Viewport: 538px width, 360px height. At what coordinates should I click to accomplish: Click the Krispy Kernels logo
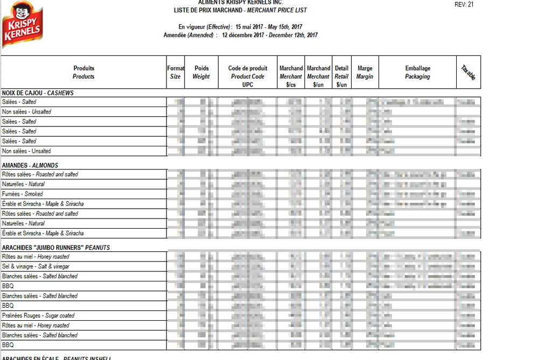coord(22,24)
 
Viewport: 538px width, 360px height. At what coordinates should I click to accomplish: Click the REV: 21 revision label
coord(464,5)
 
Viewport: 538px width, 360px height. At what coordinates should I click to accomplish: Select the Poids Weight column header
coord(201,72)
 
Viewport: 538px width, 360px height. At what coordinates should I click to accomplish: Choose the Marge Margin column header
coord(365,72)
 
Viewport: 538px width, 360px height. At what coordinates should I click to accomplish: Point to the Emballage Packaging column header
coord(417,72)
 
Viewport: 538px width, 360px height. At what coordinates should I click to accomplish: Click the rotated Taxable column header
coord(468,73)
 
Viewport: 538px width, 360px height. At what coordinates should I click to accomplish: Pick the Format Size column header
coord(176,72)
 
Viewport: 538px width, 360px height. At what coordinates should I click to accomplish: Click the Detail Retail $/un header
coord(341,76)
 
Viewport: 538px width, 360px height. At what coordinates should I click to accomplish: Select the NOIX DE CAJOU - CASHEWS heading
coord(38,93)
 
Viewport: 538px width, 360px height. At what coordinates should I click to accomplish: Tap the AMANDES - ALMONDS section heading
coord(30,165)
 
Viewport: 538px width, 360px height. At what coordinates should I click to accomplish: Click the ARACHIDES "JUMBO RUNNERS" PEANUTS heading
coord(55,248)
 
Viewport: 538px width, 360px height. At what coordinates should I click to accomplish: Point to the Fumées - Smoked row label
coord(23,194)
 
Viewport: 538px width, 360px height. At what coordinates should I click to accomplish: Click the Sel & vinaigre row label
coord(36,266)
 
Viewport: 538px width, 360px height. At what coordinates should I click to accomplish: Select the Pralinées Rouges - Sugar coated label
coord(38,315)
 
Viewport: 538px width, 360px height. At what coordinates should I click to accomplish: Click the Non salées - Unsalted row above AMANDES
coord(26,151)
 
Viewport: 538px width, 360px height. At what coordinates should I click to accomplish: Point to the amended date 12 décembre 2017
coord(244,36)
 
